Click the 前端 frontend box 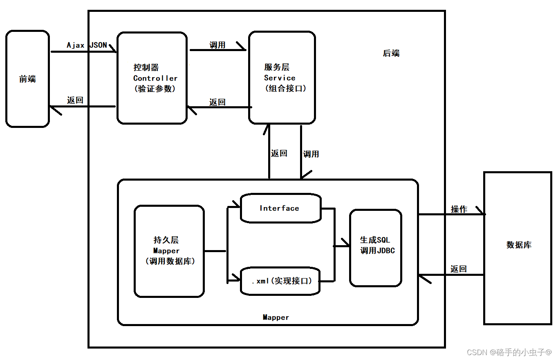click(x=27, y=79)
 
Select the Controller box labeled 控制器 click(x=152, y=78)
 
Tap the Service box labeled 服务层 click(x=282, y=78)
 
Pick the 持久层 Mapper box click(x=169, y=251)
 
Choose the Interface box click(x=280, y=208)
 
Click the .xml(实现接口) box click(x=280, y=281)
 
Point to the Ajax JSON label click(x=87, y=45)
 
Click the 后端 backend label click(x=391, y=53)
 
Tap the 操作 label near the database click(x=459, y=209)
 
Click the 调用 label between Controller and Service click(x=217, y=45)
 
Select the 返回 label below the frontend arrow click(x=75, y=100)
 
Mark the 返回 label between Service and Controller click(x=217, y=102)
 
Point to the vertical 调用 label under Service click(x=311, y=154)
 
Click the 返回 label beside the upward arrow click(x=279, y=153)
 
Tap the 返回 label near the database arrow click(x=458, y=269)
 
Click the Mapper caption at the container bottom click(x=276, y=317)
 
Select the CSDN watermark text click(x=509, y=352)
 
